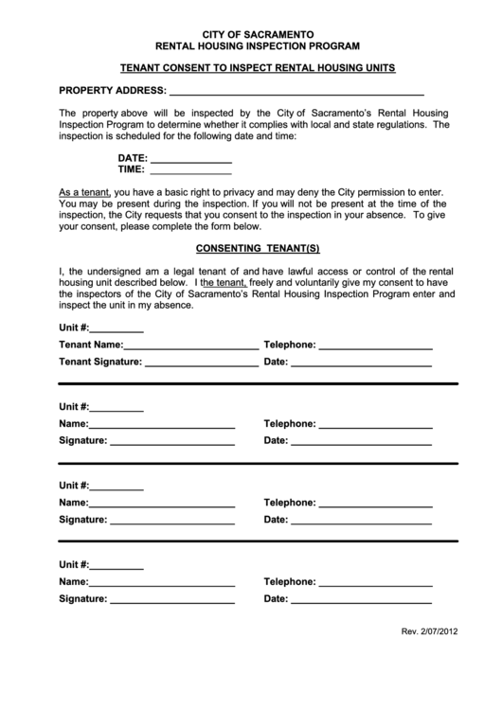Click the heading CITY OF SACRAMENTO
(251, 33)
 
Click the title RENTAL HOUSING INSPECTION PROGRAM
(251, 45)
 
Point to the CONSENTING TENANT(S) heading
(251, 249)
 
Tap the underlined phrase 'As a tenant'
(83, 190)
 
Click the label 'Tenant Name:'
(91, 345)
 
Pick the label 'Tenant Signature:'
(99, 362)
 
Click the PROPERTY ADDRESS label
(112, 92)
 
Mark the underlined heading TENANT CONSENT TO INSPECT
(251, 68)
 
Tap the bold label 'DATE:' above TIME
(133, 157)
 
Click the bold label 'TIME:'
(132, 170)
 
